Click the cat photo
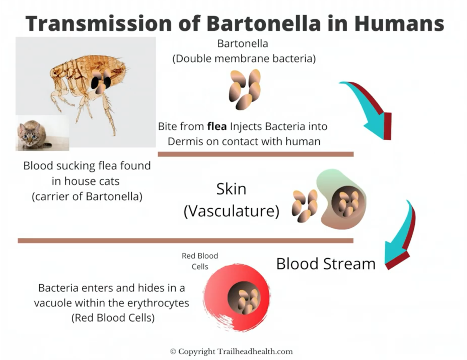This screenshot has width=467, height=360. (x=42, y=133)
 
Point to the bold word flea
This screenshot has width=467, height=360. (x=217, y=126)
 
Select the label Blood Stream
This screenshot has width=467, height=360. (x=326, y=264)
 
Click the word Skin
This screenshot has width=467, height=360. (x=231, y=189)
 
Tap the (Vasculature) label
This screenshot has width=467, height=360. (x=231, y=211)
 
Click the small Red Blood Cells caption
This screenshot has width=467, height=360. (x=200, y=261)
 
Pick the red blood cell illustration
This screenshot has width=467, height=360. (x=237, y=298)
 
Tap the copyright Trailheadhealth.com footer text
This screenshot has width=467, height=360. (x=231, y=346)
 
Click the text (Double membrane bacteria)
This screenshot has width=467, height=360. (x=244, y=59)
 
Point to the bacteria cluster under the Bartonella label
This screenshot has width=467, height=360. (x=245, y=89)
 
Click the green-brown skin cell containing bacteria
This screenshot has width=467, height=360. (x=341, y=199)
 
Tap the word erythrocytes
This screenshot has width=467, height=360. (x=158, y=303)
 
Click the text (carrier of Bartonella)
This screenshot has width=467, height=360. (x=87, y=196)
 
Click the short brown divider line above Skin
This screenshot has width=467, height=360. (x=256, y=154)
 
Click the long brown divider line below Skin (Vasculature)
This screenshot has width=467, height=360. (x=185, y=241)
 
